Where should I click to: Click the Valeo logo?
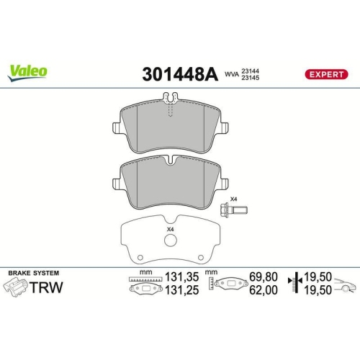[28, 71]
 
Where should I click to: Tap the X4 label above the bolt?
[233, 199]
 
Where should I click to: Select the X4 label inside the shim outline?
[171, 230]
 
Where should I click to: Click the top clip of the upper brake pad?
[170, 99]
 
